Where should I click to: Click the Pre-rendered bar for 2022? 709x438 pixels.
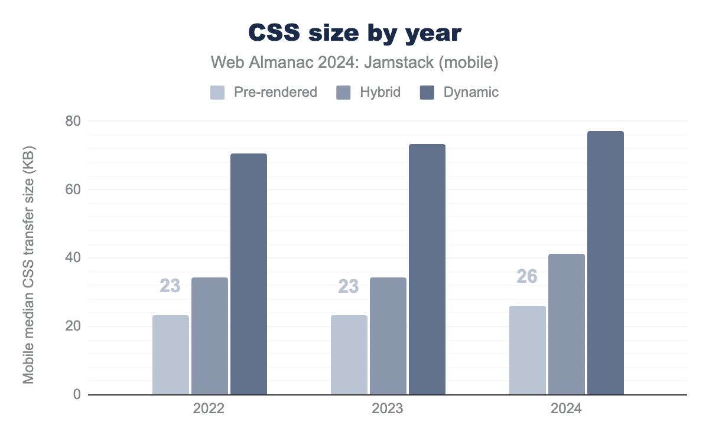pos(171,355)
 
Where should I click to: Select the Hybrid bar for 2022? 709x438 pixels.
pos(210,336)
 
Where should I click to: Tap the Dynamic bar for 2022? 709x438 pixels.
pos(249,274)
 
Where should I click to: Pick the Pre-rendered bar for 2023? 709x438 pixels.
pos(349,355)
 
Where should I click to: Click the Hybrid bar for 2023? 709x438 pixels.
pos(388,336)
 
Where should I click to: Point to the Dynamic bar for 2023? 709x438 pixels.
pos(427,269)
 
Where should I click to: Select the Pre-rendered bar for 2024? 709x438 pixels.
pos(528,350)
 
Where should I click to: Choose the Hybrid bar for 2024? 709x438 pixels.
pos(567,324)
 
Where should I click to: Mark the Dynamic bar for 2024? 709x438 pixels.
pos(606,263)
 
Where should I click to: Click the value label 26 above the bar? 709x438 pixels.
pos(527,276)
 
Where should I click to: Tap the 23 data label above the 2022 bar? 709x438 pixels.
pos(170,286)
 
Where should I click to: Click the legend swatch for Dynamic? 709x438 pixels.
pos(427,93)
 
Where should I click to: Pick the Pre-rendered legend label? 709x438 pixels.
pos(275,93)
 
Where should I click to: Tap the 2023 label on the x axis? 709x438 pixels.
pos(388,409)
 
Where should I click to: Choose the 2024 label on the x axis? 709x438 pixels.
pos(566,409)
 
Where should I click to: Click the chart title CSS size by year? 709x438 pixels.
pos(354,33)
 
